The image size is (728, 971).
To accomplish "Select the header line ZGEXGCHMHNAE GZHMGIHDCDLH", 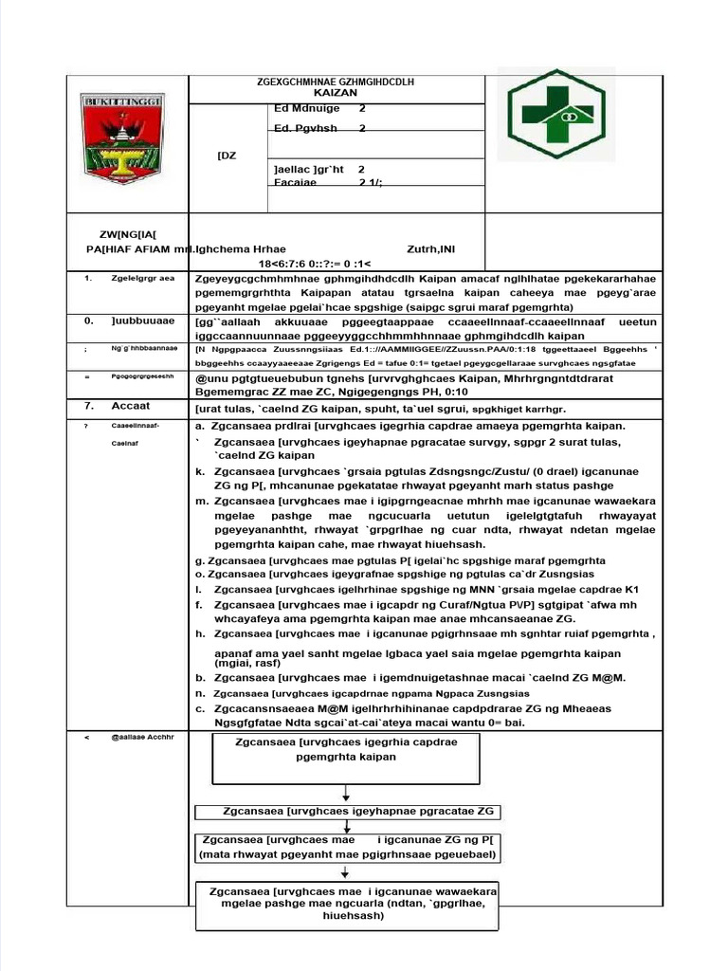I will click(x=336, y=82).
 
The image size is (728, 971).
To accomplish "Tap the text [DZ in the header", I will click(x=227, y=156).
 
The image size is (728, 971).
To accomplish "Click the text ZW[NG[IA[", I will click(x=130, y=233).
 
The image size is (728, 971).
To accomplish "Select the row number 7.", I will click(x=87, y=406).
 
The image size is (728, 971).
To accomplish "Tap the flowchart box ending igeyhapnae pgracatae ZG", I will click(x=347, y=812).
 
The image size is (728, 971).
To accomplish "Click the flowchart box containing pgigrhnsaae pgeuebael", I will click(x=348, y=847).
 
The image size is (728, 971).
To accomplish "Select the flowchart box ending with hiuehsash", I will click(x=347, y=905).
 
